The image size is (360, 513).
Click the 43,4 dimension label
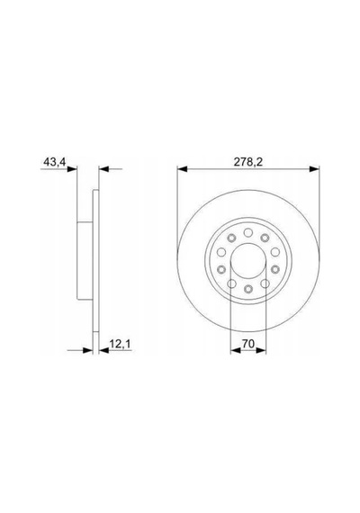point(55,162)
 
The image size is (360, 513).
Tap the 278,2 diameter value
point(248,162)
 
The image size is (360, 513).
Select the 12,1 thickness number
point(120,344)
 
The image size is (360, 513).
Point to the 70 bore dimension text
point(248,344)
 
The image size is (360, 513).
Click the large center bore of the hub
point(248,261)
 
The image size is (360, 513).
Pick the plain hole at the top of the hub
point(248,232)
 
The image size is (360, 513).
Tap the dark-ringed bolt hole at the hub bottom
point(248,289)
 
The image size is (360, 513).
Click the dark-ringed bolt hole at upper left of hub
point(231,238)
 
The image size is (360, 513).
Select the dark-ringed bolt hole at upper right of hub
point(265,238)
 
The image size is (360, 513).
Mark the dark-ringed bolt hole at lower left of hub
point(221,269)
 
